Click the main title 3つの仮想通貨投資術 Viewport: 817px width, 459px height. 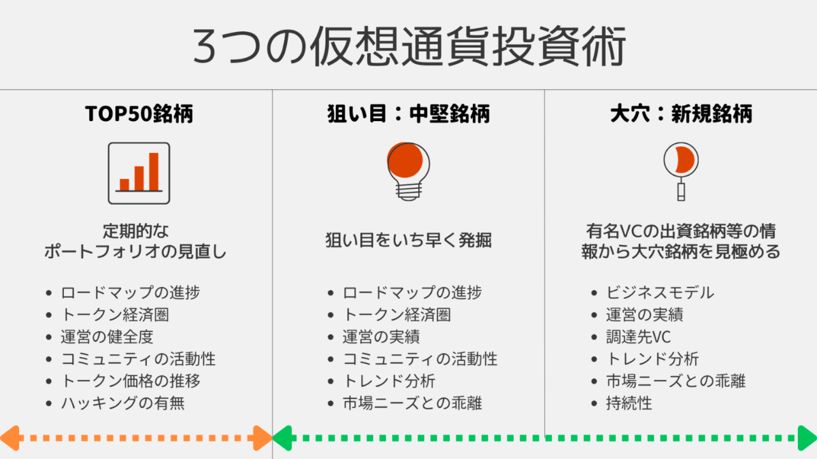[x=409, y=47]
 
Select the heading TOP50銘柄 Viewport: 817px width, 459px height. [x=139, y=113]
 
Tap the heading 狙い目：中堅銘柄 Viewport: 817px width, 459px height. [x=408, y=113]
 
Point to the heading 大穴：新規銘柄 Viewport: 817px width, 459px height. [x=681, y=113]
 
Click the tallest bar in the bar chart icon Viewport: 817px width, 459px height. [x=154, y=171]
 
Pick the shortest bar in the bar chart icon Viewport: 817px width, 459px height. [x=124, y=185]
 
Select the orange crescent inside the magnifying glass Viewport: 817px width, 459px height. [x=685, y=160]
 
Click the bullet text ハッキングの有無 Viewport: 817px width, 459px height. [x=123, y=404]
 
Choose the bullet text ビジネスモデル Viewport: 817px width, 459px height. [x=660, y=293]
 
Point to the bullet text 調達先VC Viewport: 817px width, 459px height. [x=638, y=337]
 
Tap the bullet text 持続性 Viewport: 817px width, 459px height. [x=629, y=404]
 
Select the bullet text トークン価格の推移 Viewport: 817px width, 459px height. [x=131, y=381]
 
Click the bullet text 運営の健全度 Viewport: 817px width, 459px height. [x=107, y=337]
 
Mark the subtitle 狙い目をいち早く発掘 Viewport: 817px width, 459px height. [x=408, y=240]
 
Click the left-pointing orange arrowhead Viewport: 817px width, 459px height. [x=10, y=438]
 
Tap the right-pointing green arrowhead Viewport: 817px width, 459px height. [x=807, y=438]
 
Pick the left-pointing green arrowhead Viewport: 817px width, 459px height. [x=282, y=438]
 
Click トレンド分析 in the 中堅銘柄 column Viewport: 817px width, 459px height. [x=389, y=381]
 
